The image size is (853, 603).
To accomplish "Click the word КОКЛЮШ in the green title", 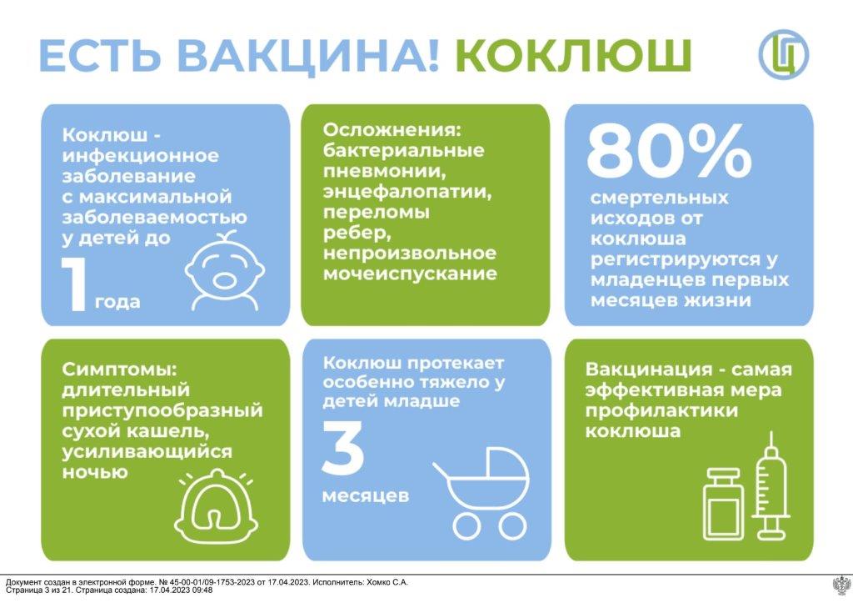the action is click(573, 55).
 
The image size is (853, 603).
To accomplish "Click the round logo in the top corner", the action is click(784, 54).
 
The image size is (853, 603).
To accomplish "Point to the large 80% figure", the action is click(669, 150).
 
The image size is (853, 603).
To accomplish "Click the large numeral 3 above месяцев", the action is click(342, 447).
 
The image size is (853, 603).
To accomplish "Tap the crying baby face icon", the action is click(225, 270).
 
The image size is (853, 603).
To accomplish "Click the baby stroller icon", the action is click(481, 493).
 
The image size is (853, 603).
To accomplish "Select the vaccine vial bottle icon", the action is click(723, 505).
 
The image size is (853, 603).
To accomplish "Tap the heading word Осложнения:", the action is click(392, 130).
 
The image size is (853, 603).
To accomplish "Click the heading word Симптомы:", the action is click(120, 369).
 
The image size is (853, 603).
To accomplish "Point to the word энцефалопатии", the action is click(407, 192).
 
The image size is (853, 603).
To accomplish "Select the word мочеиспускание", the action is click(410, 274).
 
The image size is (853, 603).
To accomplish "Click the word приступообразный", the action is click(162, 410).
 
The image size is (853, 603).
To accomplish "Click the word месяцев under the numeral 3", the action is click(366, 496).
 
